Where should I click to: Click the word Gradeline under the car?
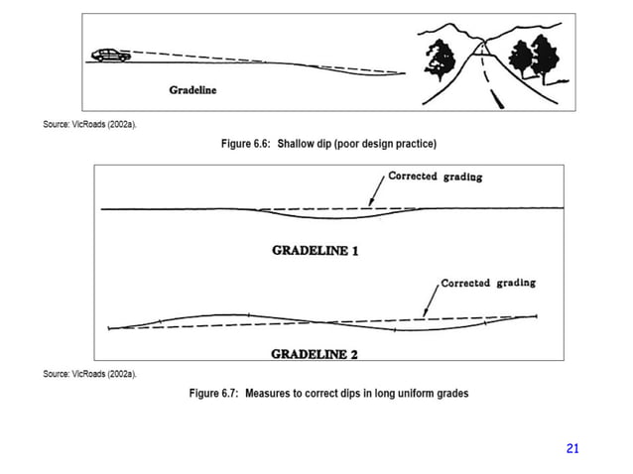tap(192, 90)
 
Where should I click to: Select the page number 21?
tap(571, 449)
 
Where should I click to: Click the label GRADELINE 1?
tap(315, 250)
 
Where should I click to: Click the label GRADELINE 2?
tap(315, 352)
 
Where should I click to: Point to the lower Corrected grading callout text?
tap(488, 283)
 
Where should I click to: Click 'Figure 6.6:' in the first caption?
tap(246, 144)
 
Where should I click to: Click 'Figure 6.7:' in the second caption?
tap(216, 394)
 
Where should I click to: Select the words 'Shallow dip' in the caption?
tap(304, 144)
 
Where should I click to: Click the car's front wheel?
tap(122, 59)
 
